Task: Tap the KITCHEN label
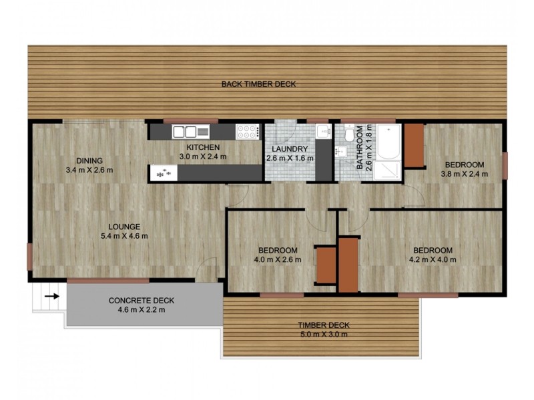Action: pyautogui.click(x=199, y=147)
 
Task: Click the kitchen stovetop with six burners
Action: pyautogui.click(x=248, y=131)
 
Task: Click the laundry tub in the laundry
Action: pyautogui.click(x=323, y=131)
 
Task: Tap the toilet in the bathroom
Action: pyautogui.click(x=347, y=135)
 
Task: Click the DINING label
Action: pyautogui.click(x=89, y=160)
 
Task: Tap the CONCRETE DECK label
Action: pyautogui.click(x=136, y=300)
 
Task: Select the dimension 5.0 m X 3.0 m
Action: pyautogui.click(x=324, y=334)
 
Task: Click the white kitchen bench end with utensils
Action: pyautogui.click(x=163, y=173)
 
